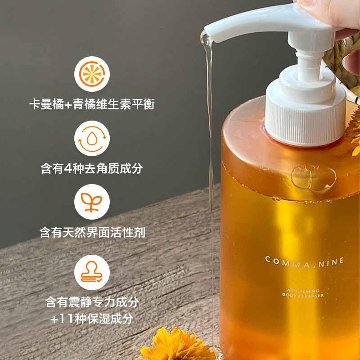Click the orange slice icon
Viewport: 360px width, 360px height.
tap(92, 74)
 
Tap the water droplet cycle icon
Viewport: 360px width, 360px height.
tap(92, 139)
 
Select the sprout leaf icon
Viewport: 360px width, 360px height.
tap(92, 202)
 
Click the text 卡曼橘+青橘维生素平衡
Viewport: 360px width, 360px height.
tap(92, 104)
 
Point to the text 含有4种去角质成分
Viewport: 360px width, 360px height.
tap(92, 168)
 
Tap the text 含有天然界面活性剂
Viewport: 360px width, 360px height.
tap(92, 232)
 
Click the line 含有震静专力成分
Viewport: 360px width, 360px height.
tap(92, 301)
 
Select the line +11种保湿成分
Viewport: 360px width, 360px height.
tap(92, 319)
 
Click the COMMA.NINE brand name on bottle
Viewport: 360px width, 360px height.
tap(305, 262)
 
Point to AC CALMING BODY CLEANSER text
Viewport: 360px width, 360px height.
tap(303, 293)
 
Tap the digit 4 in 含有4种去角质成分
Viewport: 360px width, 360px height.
tap(68, 168)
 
